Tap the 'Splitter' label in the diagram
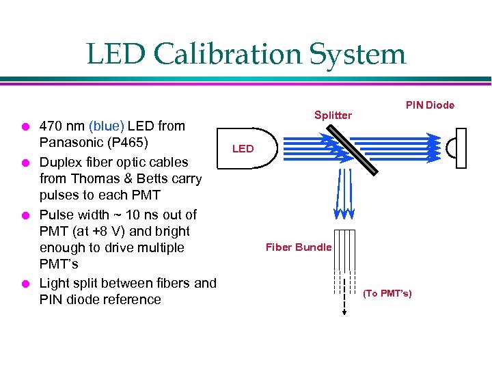333,115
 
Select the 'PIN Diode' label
430,105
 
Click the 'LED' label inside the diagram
243,148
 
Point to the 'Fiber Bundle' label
299,247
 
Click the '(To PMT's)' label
387,293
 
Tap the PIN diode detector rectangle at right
460,148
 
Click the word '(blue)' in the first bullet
106,126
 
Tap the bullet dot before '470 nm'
24,126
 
